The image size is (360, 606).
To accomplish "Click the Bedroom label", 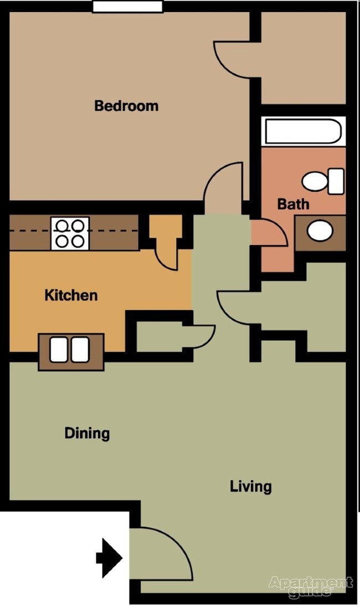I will (x=126, y=105).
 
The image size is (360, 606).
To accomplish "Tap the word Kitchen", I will (x=71, y=295).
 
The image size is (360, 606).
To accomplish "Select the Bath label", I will (x=293, y=204).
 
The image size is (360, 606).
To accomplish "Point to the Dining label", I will (x=87, y=433).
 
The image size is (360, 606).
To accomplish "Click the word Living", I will (x=251, y=486).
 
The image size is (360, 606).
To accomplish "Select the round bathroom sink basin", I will (x=319, y=230).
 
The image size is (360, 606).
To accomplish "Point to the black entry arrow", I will (x=109, y=558).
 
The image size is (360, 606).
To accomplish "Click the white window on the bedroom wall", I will (x=127, y=7).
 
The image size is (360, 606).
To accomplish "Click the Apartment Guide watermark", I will (x=310, y=586).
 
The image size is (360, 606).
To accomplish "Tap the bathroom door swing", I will (x=269, y=233).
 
